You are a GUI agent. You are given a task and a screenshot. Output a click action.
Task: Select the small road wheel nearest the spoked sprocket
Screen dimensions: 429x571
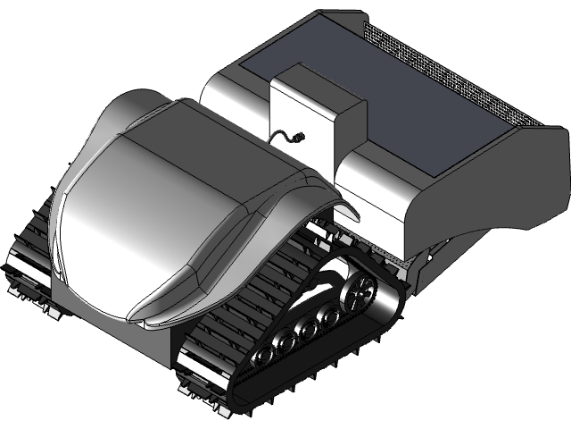331,315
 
